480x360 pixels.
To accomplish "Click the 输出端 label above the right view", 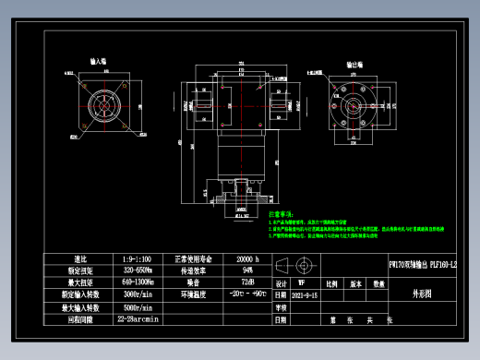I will [x=354, y=66].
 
